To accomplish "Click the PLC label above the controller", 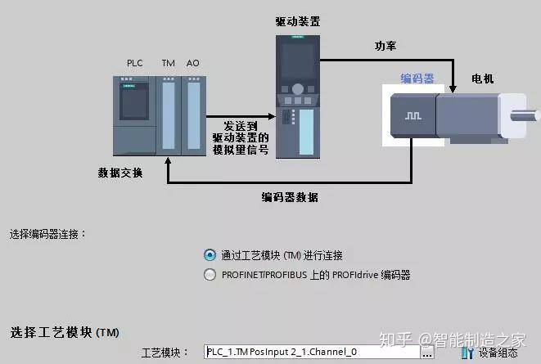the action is click(x=135, y=63).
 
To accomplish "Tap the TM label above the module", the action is click(x=168, y=63).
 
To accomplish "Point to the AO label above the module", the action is click(x=192, y=63).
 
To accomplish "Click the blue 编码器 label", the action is click(x=417, y=79).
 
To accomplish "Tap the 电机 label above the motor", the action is click(x=483, y=79).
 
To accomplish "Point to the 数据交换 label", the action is click(x=120, y=172).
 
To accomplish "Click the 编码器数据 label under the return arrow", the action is click(x=290, y=197).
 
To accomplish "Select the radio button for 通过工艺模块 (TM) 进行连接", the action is click(x=210, y=255).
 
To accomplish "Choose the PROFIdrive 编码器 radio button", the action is click(x=210, y=275).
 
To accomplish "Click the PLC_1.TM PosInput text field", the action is click(x=311, y=353).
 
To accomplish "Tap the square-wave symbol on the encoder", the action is click(x=411, y=116).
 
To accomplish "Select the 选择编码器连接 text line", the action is click(x=48, y=234).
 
